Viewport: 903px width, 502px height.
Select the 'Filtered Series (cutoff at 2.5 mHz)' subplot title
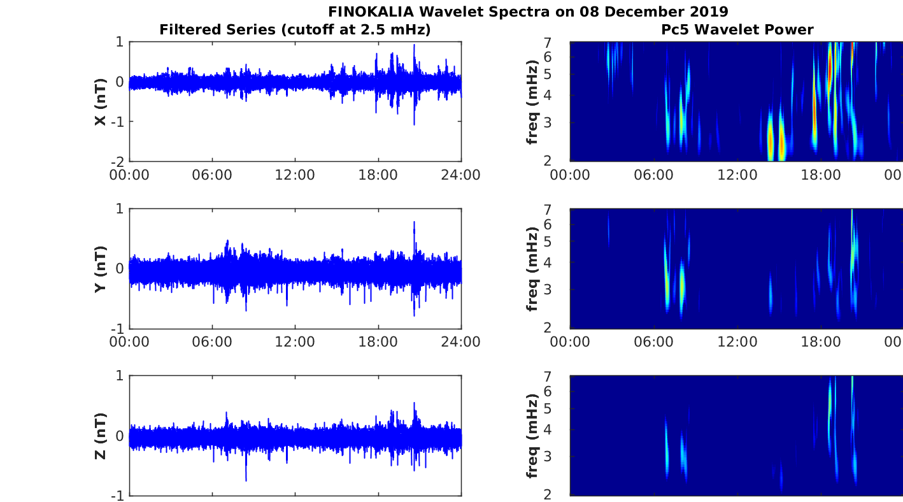[295, 29]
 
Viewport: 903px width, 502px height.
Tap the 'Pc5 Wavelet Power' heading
[737, 29]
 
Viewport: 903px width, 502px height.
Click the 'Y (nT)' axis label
[101, 269]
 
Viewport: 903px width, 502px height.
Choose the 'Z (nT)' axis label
[101, 436]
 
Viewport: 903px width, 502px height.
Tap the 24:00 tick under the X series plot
[460, 175]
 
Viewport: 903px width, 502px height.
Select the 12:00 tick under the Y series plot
[295, 342]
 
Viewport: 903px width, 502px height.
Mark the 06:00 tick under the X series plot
[212, 175]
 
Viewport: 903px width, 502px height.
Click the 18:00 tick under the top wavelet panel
[821, 175]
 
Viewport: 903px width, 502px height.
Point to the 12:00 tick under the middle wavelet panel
[737, 342]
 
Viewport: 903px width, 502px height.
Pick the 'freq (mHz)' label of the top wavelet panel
[533, 101]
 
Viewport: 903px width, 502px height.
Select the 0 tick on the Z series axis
[120, 436]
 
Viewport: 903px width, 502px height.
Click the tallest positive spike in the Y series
[414, 222]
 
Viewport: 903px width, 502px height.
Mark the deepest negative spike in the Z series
[246, 480]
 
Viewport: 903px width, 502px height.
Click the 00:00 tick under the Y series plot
[129, 342]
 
